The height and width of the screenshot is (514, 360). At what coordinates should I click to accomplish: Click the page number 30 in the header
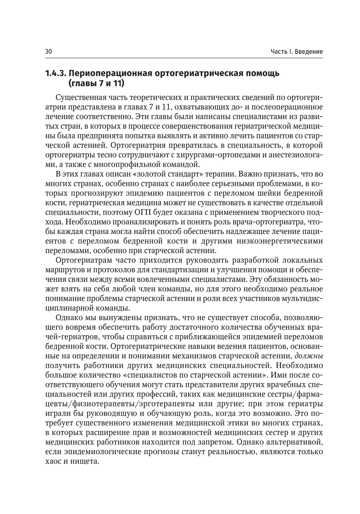click(49, 52)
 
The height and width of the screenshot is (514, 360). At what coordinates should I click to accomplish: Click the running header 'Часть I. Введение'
click(297, 52)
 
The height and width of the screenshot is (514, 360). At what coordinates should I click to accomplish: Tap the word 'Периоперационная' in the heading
click(111, 74)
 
